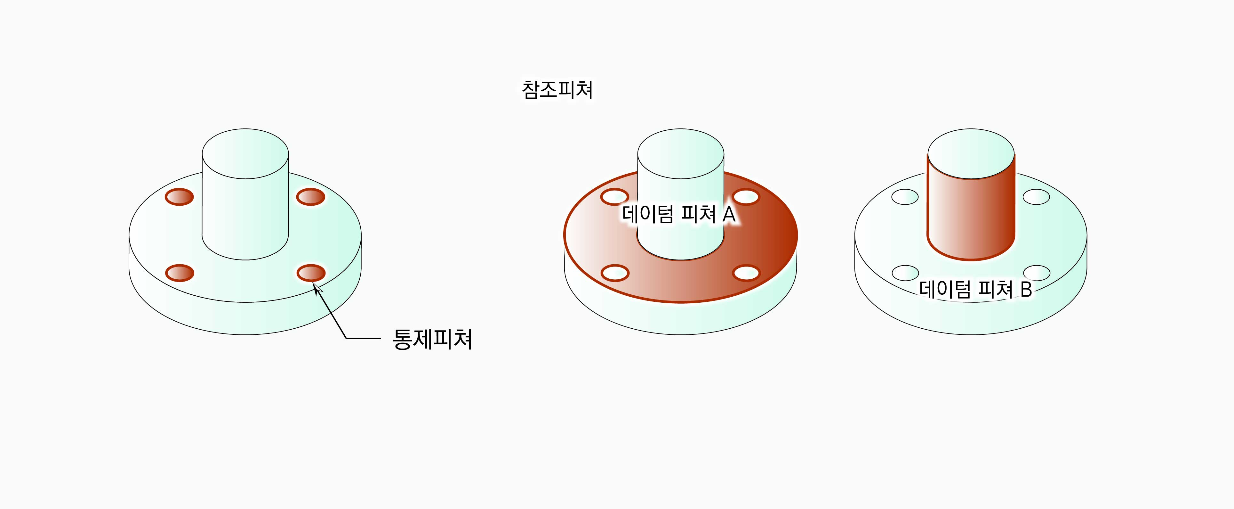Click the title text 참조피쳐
pos(557,90)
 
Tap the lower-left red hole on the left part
pos(180,273)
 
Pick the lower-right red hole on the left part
pos(311,273)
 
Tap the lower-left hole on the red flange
pos(615,273)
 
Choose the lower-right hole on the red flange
pos(746,273)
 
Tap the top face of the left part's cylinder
pos(245,154)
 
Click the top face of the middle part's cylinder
pos(680,154)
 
